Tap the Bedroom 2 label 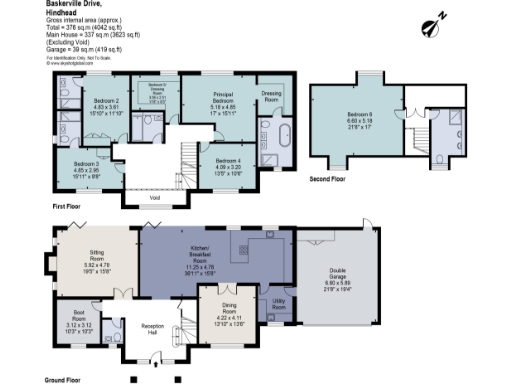(x=107, y=102)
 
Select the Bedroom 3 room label (x=85, y=163)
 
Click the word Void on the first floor (x=155, y=197)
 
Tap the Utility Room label (x=279, y=300)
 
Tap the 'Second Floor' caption (x=331, y=179)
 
